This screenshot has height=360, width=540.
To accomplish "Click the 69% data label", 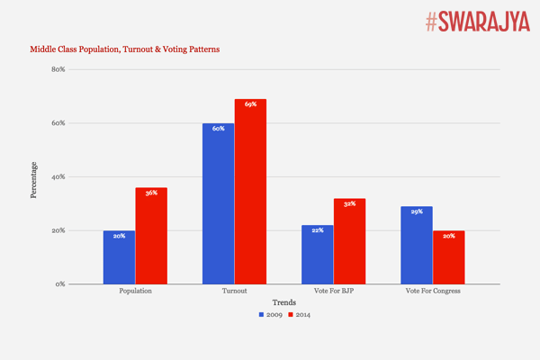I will pos(250,104).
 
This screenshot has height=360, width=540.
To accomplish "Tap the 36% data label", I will pos(151,193).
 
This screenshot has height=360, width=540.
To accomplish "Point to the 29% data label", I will pos(416,211).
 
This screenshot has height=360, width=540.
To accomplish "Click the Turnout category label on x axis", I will pos(234,292).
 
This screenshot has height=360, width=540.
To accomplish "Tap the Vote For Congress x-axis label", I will pos(432,292).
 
